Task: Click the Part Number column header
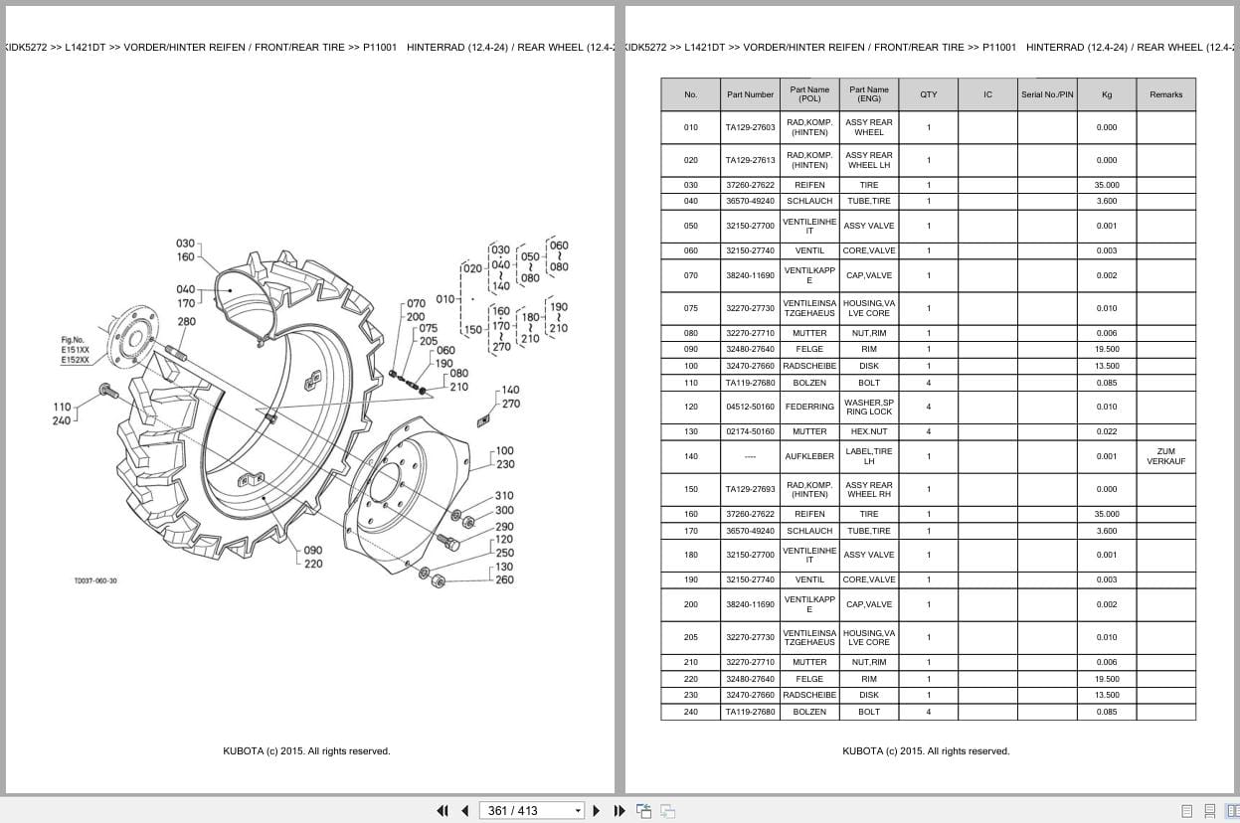pos(750,94)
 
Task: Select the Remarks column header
pos(1165,94)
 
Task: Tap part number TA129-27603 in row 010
pos(750,127)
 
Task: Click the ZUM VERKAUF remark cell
pos(1165,456)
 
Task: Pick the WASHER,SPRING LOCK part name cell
pos(868,407)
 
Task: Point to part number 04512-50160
pos(750,407)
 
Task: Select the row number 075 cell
pos(690,308)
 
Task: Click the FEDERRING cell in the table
pos(809,407)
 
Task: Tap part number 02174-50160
pos(750,431)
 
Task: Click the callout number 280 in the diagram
pos(187,322)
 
